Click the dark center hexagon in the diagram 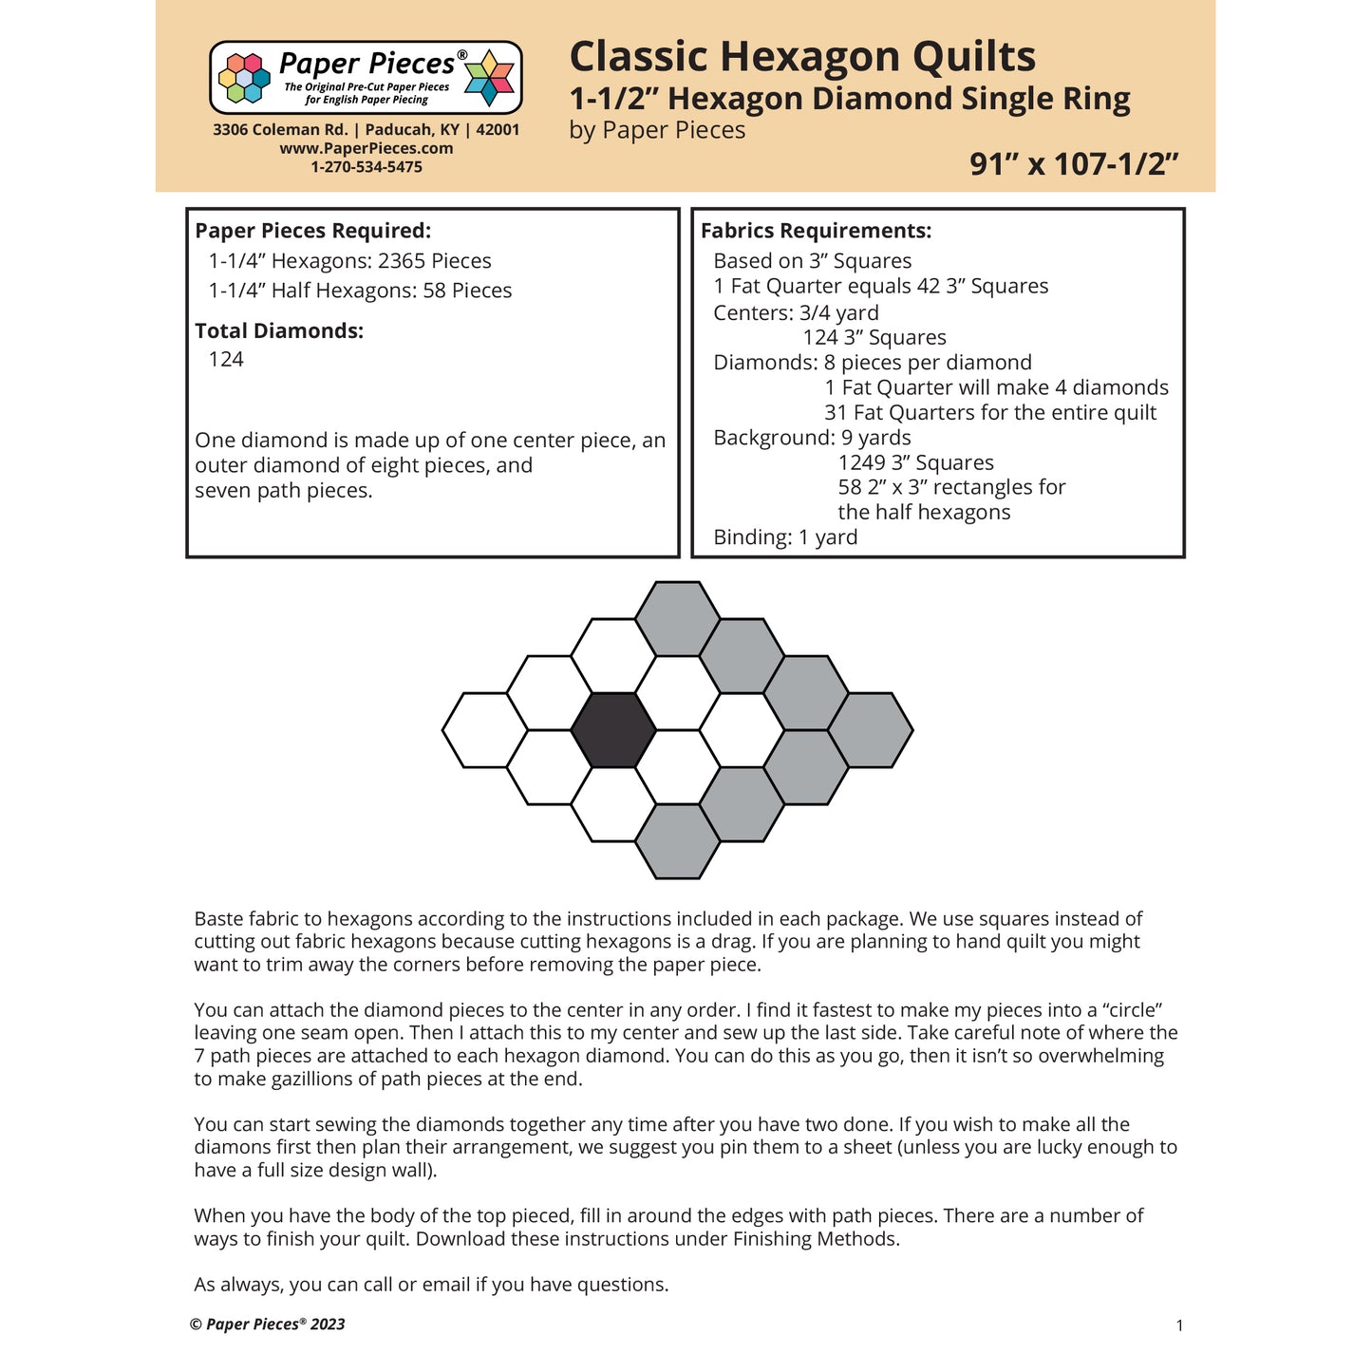[x=613, y=730]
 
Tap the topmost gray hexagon [x=677, y=619]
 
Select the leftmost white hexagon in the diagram [x=484, y=730]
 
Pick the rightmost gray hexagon [x=871, y=730]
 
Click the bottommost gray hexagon [x=677, y=841]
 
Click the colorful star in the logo [x=489, y=77]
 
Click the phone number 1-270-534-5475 [x=366, y=167]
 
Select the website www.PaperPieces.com [x=366, y=148]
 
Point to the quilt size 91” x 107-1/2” [x=1074, y=164]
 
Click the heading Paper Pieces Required [x=312, y=231]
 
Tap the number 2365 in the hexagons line [x=402, y=261]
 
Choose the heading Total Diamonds [x=279, y=331]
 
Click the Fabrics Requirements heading [x=816, y=231]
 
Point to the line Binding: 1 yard [x=785, y=537]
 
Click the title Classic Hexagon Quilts [x=802, y=57]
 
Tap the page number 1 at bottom [x=1179, y=1325]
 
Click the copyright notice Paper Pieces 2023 [x=268, y=1325]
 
